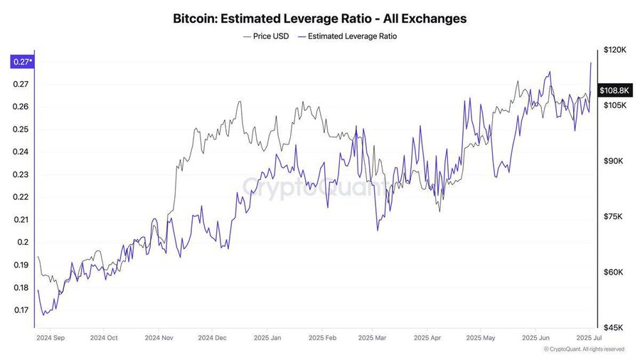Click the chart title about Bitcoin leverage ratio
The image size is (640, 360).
point(320,18)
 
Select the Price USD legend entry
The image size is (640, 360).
point(266,36)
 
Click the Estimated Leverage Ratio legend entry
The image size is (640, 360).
point(347,36)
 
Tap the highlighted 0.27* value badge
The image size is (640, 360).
point(21,62)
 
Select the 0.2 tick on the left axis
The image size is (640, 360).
point(22,243)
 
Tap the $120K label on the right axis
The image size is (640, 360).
point(614,51)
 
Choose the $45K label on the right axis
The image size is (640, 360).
point(614,328)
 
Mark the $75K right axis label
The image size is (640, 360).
point(614,217)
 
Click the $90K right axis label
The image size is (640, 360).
point(614,162)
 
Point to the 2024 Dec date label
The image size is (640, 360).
point(213,338)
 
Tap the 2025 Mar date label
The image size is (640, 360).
point(373,338)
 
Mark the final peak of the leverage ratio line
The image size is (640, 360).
point(591,63)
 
